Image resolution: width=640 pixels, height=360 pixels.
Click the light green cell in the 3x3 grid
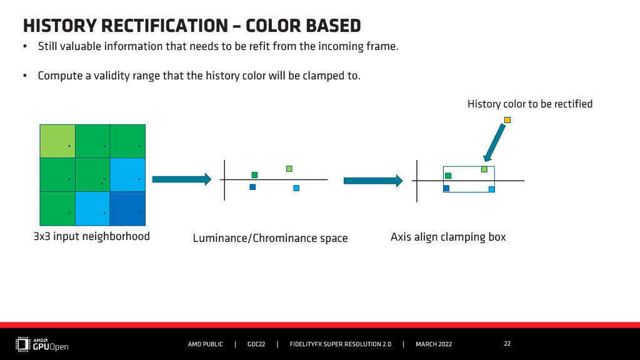point(57,141)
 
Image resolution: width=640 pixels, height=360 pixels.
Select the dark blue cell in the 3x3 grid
point(127,209)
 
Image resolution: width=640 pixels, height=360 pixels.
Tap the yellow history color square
point(507,120)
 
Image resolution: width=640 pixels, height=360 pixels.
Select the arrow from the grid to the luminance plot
point(182,179)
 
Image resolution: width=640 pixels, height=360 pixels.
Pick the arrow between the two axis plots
point(373,181)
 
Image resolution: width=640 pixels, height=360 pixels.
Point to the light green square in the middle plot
point(289,169)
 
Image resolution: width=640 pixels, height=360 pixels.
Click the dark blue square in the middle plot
point(252,187)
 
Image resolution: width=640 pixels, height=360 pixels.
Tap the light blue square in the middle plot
point(296,188)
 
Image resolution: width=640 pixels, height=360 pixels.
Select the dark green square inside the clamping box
point(448,176)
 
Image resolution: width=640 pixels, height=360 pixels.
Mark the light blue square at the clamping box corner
point(492,189)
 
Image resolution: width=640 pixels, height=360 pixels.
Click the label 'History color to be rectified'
point(530,104)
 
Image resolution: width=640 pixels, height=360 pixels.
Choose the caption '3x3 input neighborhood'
point(92,236)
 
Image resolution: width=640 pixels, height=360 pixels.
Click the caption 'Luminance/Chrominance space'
point(270,238)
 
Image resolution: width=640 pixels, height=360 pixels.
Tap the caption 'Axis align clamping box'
point(448,237)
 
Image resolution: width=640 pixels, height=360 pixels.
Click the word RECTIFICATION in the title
point(164,26)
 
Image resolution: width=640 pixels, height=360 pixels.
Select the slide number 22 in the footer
point(507,344)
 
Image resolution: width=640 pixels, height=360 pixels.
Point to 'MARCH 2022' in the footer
point(434,344)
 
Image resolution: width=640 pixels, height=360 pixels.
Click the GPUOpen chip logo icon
point(23,344)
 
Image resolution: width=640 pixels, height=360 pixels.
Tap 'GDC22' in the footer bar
point(256,344)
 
